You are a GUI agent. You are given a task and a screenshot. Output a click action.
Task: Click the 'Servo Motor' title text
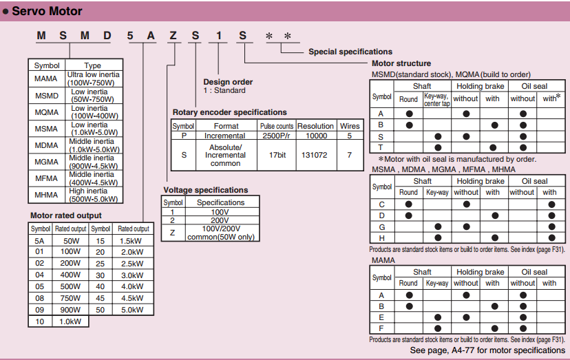(x=47, y=11)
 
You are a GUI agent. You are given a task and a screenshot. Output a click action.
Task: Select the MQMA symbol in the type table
(x=47, y=112)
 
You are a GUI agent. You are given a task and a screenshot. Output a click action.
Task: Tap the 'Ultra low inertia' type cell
(x=94, y=78)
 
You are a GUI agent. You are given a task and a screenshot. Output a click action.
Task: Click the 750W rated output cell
(x=70, y=298)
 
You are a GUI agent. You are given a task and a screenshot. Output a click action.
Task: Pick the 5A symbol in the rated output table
(x=39, y=241)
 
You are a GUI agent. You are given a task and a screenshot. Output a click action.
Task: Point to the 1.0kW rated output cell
(x=70, y=321)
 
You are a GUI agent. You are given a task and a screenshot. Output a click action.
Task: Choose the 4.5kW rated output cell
(x=132, y=298)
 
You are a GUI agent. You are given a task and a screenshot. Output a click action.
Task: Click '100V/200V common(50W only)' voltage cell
(x=221, y=233)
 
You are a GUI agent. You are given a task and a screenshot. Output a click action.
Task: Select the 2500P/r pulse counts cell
(x=276, y=136)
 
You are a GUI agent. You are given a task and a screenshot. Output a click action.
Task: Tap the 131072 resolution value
(x=314, y=155)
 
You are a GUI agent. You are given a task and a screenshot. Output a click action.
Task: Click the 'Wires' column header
(x=350, y=126)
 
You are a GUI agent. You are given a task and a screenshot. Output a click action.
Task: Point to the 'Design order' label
(x=228, y=82)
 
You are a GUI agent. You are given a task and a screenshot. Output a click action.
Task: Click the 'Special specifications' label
(x=350, y=52)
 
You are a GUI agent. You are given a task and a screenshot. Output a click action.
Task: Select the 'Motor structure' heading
(x=401, y=63)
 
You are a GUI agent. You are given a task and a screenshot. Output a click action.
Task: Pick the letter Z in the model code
(x=173, y=36)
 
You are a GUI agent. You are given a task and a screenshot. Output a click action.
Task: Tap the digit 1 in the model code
(x=218, y=36)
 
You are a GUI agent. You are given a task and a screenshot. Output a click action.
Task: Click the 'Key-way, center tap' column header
(x=437, y=100)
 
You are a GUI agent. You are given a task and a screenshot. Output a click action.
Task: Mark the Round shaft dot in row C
(x=409, y=204)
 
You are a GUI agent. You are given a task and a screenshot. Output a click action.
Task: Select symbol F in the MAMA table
(x=381, y=328)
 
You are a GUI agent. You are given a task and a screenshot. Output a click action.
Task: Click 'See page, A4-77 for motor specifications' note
(x=487, y=350)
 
